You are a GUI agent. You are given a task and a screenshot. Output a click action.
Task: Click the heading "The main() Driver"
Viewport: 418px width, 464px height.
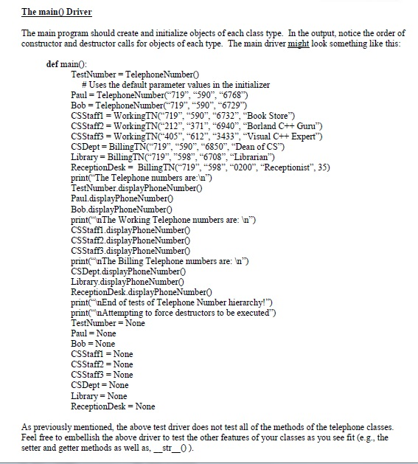[x=50, y=13]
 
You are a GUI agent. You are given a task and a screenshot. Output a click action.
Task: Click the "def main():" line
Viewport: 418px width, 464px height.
[x=69, y=64]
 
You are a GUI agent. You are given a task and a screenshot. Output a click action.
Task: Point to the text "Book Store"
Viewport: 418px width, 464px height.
[x=257, y=116]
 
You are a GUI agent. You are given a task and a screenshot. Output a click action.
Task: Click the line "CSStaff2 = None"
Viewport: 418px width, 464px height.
[x=100, y=364]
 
